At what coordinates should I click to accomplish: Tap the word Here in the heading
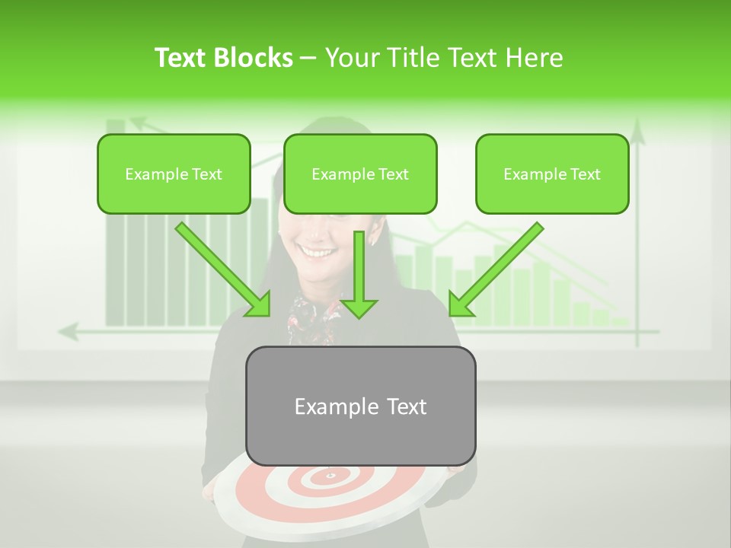[x=537, y=58]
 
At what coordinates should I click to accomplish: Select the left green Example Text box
[x=174, y=174]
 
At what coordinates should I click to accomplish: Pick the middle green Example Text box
[x=360, y=174]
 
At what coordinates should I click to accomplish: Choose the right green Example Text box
[x=552, y=174]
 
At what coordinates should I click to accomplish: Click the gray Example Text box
[x=360, y=406]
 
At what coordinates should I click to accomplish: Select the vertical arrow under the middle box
[x=359, y=274]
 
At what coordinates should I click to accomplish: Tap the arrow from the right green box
[x=496, y=269]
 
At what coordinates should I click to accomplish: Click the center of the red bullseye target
[x=330, y=476]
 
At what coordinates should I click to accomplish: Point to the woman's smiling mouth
[x=314, y=250]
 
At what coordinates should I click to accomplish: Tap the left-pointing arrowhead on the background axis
[x=69, y=332]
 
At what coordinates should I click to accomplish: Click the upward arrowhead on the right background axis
[x=637, y=136]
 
